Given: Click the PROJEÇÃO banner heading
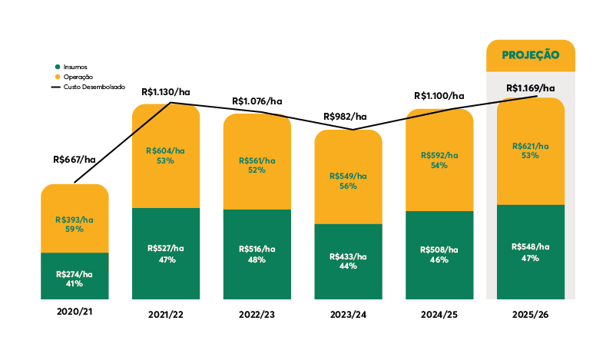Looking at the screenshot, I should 530,55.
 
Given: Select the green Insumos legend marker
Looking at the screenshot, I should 57,67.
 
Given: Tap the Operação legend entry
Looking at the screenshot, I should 78,77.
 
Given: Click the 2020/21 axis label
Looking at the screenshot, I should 74,312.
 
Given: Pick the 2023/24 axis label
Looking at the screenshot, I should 348,315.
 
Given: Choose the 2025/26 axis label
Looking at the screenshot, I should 530,315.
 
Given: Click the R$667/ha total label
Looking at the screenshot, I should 75,160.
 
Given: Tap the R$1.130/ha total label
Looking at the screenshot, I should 165,92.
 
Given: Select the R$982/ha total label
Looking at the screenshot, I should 346,117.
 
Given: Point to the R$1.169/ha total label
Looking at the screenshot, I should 530,88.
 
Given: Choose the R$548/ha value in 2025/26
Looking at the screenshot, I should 530,246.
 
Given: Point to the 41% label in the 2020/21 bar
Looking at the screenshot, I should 74,283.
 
